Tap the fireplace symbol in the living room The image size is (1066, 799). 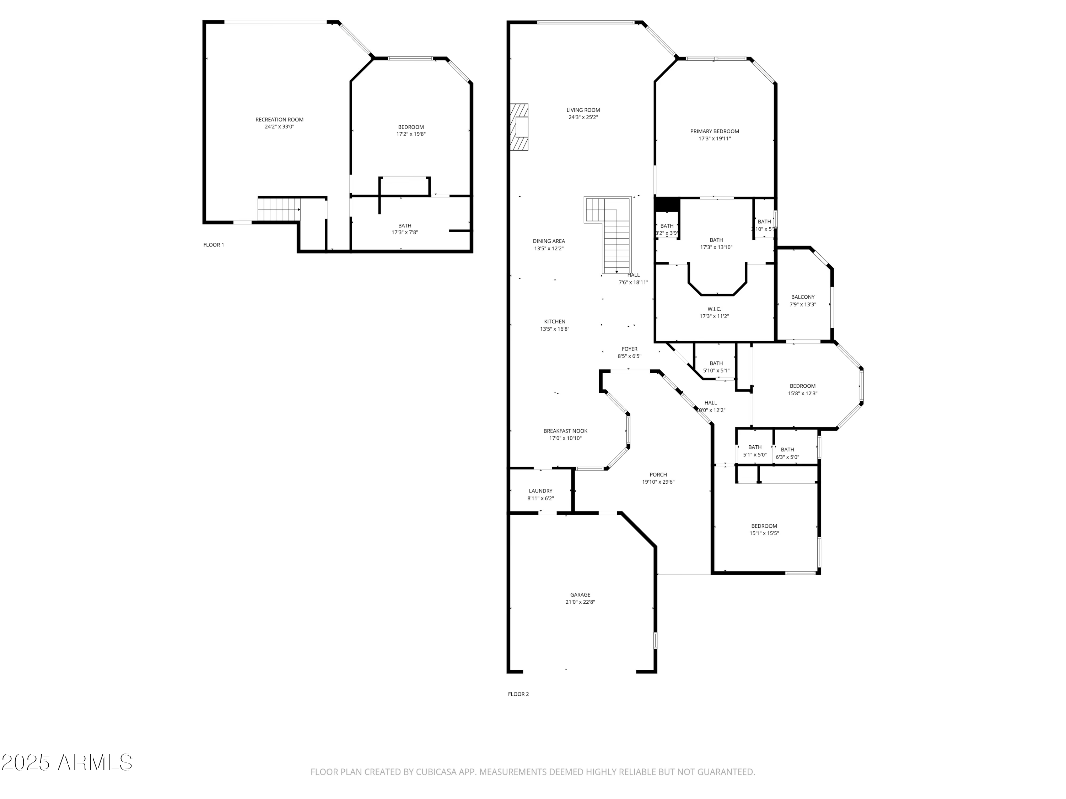point(520,127)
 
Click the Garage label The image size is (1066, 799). point(580,595)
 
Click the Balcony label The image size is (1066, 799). point(802,297)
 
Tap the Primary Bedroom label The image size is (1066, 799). point(714,131)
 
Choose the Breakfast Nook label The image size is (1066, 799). point(565,431)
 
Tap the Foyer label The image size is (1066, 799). point(629,349)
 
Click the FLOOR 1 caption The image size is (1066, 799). point(214,245)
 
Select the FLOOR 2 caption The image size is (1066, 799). point(518,694)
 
